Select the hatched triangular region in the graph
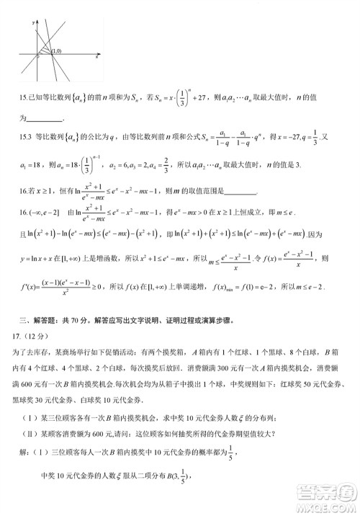(46, 52)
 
